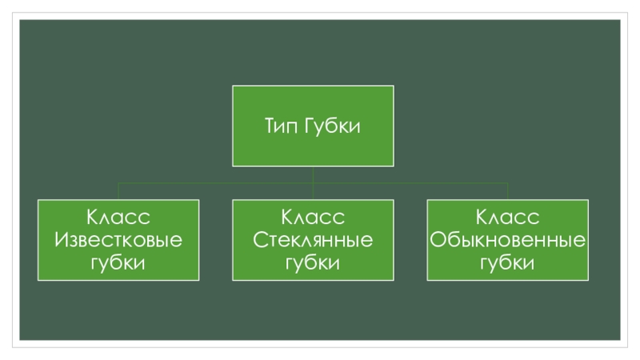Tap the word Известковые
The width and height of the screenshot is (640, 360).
pos(118,240)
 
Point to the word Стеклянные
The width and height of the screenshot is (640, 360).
pos(313,240)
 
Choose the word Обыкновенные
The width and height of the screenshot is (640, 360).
pos(508,240)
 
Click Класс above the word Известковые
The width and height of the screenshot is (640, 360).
pos(118,218)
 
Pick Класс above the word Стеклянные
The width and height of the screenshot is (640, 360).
pos(313,218)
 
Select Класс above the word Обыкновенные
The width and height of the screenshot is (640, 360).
pos(508,218)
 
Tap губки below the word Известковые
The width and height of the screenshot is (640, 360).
pos(118,263)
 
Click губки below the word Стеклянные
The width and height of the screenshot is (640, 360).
pos(313,263)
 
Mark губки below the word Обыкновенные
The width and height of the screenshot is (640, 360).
pos(508,263)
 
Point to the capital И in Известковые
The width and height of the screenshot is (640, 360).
pos(61,240)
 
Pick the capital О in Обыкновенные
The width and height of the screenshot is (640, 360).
pos(437,240)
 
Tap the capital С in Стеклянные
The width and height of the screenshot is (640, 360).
pos(260,240)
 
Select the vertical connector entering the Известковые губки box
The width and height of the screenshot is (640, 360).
pos(118,191)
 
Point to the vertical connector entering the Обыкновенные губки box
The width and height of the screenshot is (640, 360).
pos(508,191)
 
